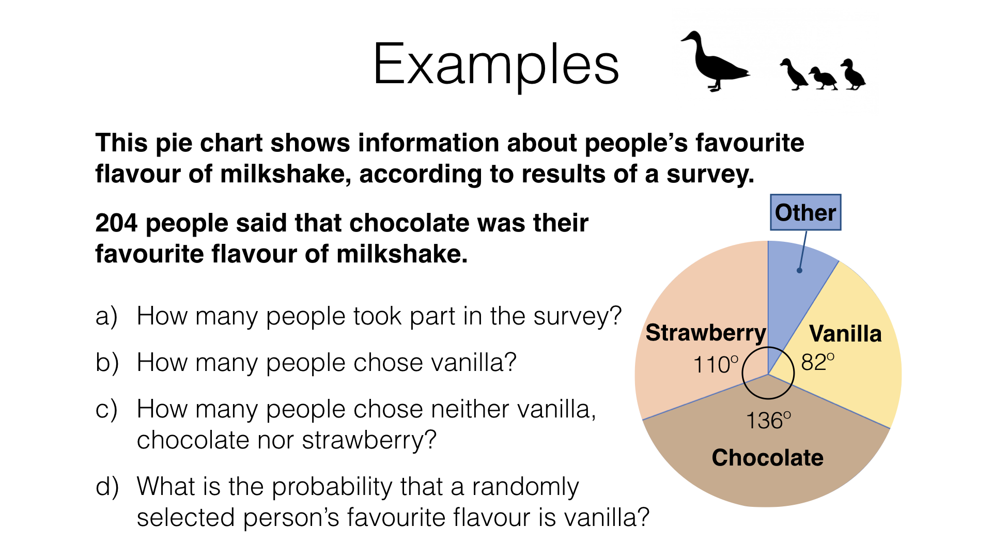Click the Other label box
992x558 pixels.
[805, 212]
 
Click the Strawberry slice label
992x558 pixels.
[706, 333]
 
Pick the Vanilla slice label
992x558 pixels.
[845, 334]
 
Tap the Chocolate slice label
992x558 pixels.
[767, 458]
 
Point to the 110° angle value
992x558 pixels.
[716, 365]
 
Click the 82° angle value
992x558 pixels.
[817, 362]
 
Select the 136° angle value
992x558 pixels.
[768, 421]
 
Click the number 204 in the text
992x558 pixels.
[117, 223]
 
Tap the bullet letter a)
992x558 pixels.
[106, 316]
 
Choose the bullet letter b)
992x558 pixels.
[107, 363]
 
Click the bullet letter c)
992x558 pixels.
[106, 409]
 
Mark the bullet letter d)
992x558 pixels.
[107, 487]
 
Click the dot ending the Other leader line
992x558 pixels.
[799, 270]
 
